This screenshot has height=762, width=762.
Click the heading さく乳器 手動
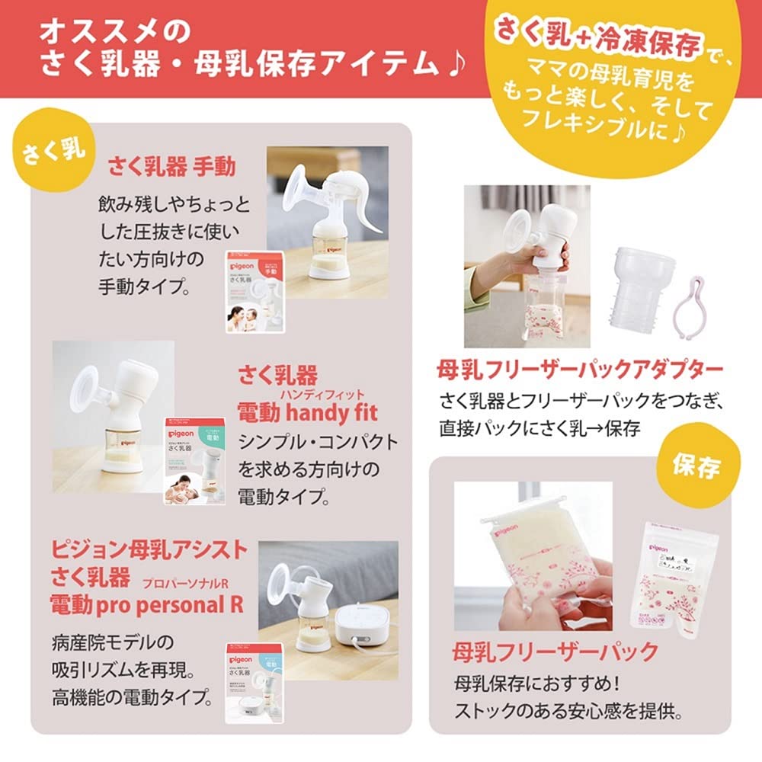pos(171,167)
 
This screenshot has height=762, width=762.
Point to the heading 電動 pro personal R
pos(146,606)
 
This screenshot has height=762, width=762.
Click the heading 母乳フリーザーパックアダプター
pos(579,371)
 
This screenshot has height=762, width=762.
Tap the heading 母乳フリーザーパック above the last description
pos(554,652)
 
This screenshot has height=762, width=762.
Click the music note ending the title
pos(455,66)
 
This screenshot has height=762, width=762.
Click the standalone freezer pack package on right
pos(676,580)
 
